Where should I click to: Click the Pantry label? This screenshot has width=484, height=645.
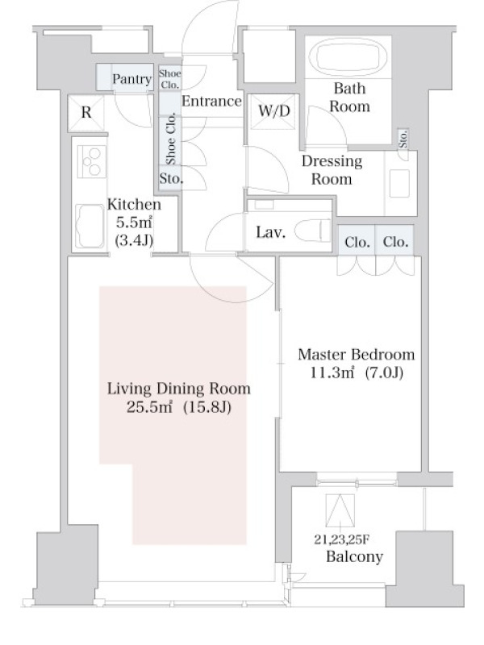(x=131, y=78)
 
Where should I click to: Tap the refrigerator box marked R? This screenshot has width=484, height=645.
(x=86, y=112)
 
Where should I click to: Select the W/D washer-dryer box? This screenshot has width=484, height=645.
(x=274, y=111)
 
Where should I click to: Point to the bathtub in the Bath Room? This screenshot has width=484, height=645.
(x=348, y=56)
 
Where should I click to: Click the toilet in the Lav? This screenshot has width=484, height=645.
(x=313, y=231)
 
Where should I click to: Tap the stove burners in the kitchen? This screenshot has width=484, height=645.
(x=92, y=162)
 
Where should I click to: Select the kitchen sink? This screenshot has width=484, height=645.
(x=90, y=226)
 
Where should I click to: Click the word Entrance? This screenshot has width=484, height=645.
(x=211, y=102)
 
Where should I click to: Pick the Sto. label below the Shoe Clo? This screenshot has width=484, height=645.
(x=171, y=178)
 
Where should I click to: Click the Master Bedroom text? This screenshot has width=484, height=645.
(x=356, y=354)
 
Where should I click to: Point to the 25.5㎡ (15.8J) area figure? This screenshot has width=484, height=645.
(x=178, y=407)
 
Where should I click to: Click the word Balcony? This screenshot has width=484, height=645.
(x=354, y=556)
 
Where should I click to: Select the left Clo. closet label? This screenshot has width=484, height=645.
(x=357, y=242)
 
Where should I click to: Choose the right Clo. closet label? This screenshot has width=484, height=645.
(x=395, y=242)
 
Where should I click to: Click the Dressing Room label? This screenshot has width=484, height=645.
(x=332, y=170)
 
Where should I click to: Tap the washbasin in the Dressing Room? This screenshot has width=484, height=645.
(x=399, y=183)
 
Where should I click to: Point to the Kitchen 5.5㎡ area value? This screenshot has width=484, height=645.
(x=134, y=223)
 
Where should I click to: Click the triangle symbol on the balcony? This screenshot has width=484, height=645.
(x=340, y=510)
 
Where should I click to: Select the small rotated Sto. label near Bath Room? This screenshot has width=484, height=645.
(x=403, y=139)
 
